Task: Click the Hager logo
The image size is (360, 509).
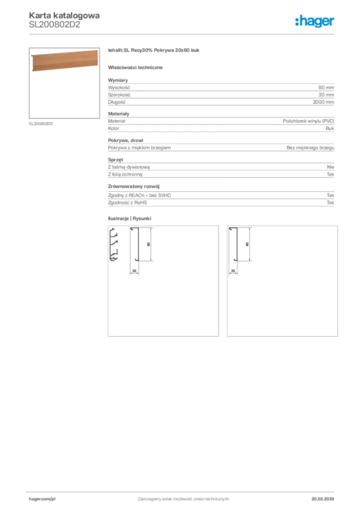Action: [314, 21]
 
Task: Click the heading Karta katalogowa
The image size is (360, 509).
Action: [65, 15]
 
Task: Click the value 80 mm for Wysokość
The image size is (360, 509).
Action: [326, 87]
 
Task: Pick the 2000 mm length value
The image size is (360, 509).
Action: [324, 101]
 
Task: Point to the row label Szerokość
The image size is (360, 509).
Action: [120, 94]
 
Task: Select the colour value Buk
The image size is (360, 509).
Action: [330, 128]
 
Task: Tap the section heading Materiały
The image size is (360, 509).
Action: [119, 114]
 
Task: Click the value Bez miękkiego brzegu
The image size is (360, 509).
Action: [310, 148]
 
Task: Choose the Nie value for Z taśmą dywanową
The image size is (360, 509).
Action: [330, 167]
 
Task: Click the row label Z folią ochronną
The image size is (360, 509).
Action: [125, 174]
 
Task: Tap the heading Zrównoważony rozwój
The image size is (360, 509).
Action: [133, 186]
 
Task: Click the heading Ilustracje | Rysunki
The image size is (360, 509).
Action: [129, 218]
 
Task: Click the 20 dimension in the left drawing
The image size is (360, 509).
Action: [134, 270]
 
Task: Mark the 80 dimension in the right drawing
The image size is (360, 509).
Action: [248, 244]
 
